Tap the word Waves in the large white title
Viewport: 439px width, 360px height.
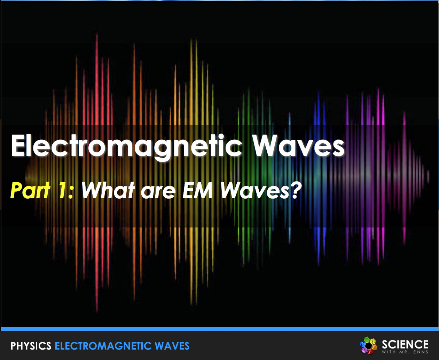tap(298, 145)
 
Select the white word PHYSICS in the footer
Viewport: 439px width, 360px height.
tap(31, 346)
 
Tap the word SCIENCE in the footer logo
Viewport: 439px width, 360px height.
tap(405, 344)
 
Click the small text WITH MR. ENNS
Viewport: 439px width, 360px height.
tap(405, 352)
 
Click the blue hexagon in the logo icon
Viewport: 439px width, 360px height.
tap(363, 344)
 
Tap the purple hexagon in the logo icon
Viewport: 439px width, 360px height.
tap(364, 350)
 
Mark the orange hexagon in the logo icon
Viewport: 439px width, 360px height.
tap(374, 347)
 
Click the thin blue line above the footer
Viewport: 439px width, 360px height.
tap(219, 329)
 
